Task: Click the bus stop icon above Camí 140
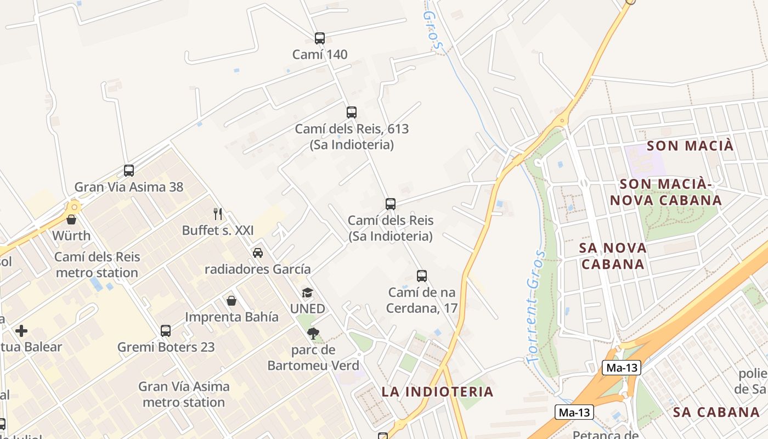pyautogui.click(x=320, y=38)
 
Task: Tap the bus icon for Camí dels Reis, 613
pyautogui.click(x=352, y=112)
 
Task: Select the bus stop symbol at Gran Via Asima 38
pyautogui.click(x=129, y=171)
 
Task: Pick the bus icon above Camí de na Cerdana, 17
pyautogui.click(x=422, y=276)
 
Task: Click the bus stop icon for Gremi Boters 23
pyautogui.click(x=166, y=331)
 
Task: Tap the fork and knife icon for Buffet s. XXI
pyautogui.click(x=218, y=213)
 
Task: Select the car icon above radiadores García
pyautogui.click(x=257, y=253)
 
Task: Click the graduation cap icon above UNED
pyautogui.click(x=307, y=293)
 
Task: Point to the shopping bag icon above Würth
pyautogui.click(x=71, y=219)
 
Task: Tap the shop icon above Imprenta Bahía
pyautogui.click(x=231, y=301)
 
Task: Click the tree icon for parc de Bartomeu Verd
pyautogui.click(x=313, y=333)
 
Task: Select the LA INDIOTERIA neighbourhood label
pyautogui.click(x=437, y=392)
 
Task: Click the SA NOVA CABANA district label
pyautogui.click(x=613, y=256)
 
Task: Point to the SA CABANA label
pyautogui.click(x=716, y=412)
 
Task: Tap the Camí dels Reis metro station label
pyautogui.click(x=97, y=264)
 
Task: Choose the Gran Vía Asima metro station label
pyautogui.click(x=184, y=394)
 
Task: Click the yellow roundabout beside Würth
pyautogui.click(x=72, y=207)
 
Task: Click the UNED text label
pyautogui.click(x=308, y=308)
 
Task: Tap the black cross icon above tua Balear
pyautogui.click(x=21, y=331)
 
